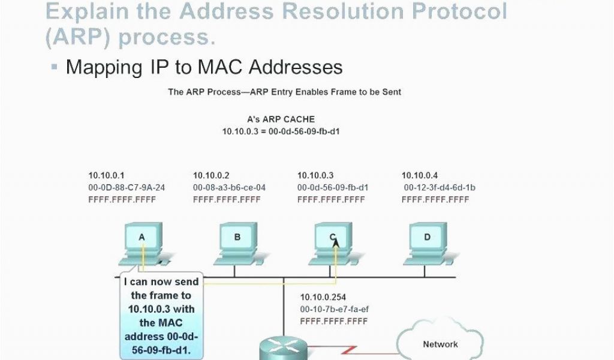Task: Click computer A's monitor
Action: click(143, 236)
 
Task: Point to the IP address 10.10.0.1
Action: click(106, 175)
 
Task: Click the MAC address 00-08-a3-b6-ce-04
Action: click(229, 188)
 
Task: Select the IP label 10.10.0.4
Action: click(419, 175)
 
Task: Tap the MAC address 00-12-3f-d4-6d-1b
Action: click(440, 188)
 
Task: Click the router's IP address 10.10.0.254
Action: click(323, 298)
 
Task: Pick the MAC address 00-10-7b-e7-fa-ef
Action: click(335, 310)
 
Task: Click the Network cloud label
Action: click(440, 344)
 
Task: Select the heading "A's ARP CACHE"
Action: click(281, 119)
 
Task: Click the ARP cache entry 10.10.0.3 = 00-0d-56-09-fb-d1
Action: click(281, 131)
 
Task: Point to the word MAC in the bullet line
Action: click(221, 67)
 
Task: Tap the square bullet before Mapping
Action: click(55, 67)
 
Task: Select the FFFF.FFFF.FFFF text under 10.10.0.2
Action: click(227, 200)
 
